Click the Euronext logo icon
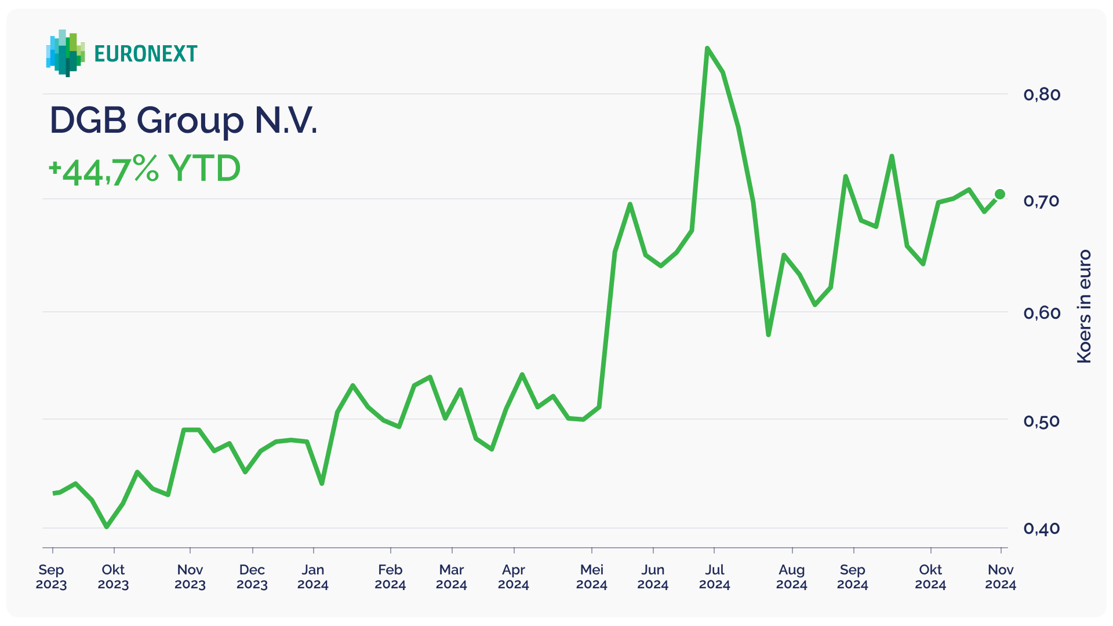[65, 53]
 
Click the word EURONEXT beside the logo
[146, 54]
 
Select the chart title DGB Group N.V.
[183, 121]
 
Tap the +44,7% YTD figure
[144, 170]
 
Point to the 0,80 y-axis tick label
[1042, 94]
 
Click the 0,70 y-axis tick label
[1042, 201]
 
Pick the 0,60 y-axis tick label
[1042, 313]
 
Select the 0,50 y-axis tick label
[1042, 421]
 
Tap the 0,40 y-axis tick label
[1042, 528]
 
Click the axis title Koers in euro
[1083, 307]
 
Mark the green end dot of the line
[1000, 194]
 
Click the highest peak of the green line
[707, 48]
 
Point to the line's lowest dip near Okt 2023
[107, 527]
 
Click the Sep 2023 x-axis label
[52, 577]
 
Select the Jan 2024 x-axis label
[313, 577]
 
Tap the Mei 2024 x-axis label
[591, 577]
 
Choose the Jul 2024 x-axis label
[714, 577]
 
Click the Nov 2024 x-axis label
[1001, 577]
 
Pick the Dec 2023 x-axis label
[252, 577]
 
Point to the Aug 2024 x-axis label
[792, 577]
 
